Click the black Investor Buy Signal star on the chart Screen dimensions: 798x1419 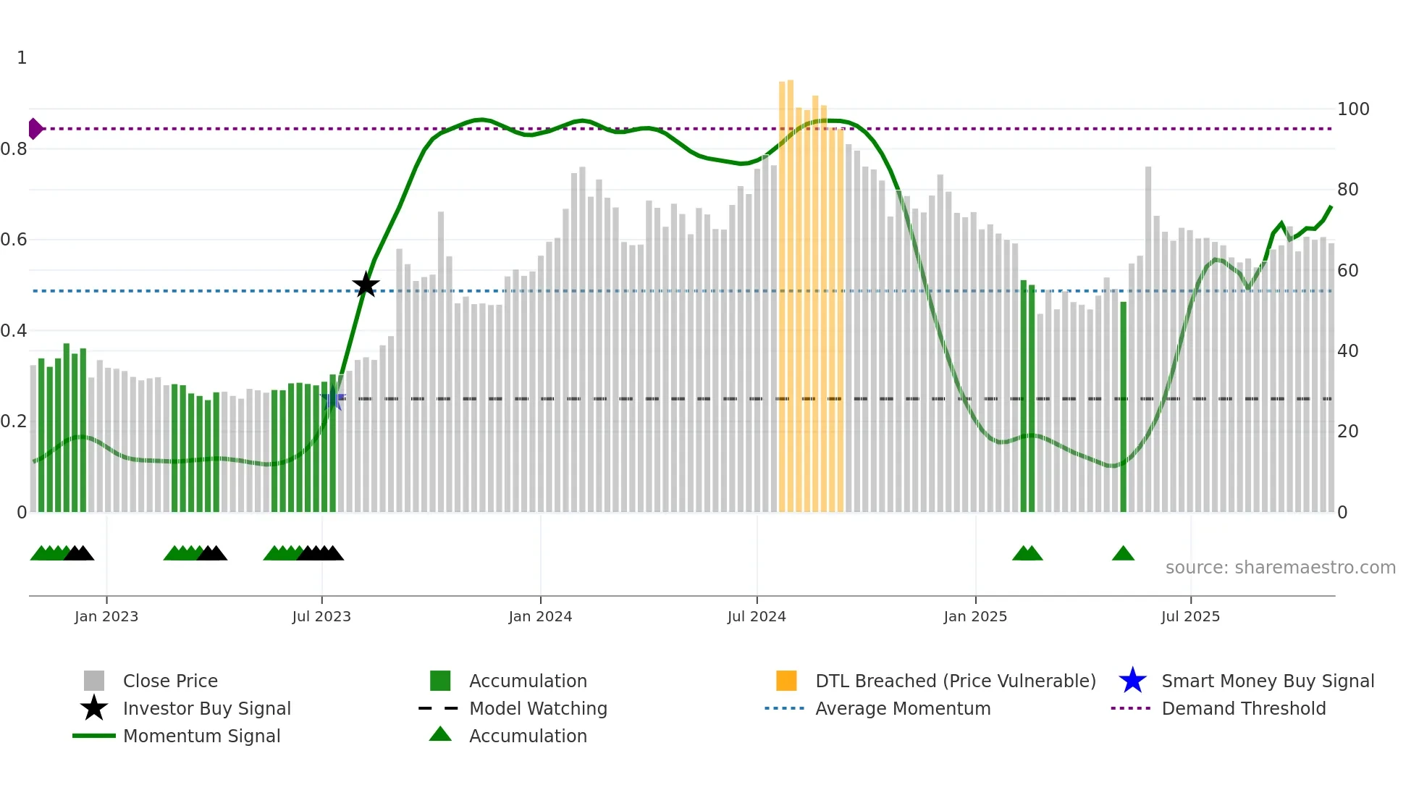point(366,285)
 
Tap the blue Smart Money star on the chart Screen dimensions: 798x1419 point(332,398)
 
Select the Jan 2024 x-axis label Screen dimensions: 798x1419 point(540,616)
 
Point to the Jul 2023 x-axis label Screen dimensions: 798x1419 point(321,616)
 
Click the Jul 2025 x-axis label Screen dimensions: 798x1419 point(1190,616)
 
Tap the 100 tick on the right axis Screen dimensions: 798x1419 point(1352,109)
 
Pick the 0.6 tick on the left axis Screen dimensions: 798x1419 point(14,240)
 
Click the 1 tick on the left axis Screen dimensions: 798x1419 point(22,58)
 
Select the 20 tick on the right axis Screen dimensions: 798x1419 point(1347,432)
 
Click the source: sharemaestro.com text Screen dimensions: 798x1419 point(1280,568)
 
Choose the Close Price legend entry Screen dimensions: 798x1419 point(170,681)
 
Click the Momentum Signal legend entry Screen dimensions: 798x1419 point(201,736)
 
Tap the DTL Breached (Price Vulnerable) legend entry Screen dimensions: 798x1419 point(955,681)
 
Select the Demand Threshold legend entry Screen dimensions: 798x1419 point(1243,709)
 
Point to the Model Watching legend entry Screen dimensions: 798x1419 point(538,709)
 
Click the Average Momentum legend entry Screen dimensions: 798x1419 point(903,709)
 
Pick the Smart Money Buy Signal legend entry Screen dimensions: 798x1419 point(1267,681)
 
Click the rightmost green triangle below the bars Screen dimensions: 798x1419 point(1123,554)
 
